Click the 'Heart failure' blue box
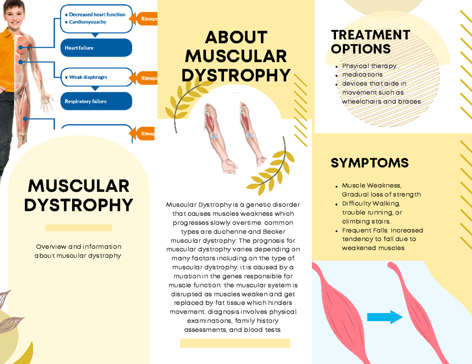(x=96, y=48)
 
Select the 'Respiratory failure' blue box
(x=96, y=101)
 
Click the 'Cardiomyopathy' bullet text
(x=88, y=22)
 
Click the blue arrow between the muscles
(x=385, y=317)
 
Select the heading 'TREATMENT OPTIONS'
(x=370, y=42)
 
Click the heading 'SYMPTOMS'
(x=369, y=163)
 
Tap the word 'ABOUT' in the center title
(x=236, y=38)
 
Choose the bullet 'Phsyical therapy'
(x=369, y=66)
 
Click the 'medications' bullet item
(x=362, y=75)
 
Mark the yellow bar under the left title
(x=78, y=228)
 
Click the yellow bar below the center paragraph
(x=235, y=343)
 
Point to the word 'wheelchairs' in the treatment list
(x=361, y=101)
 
